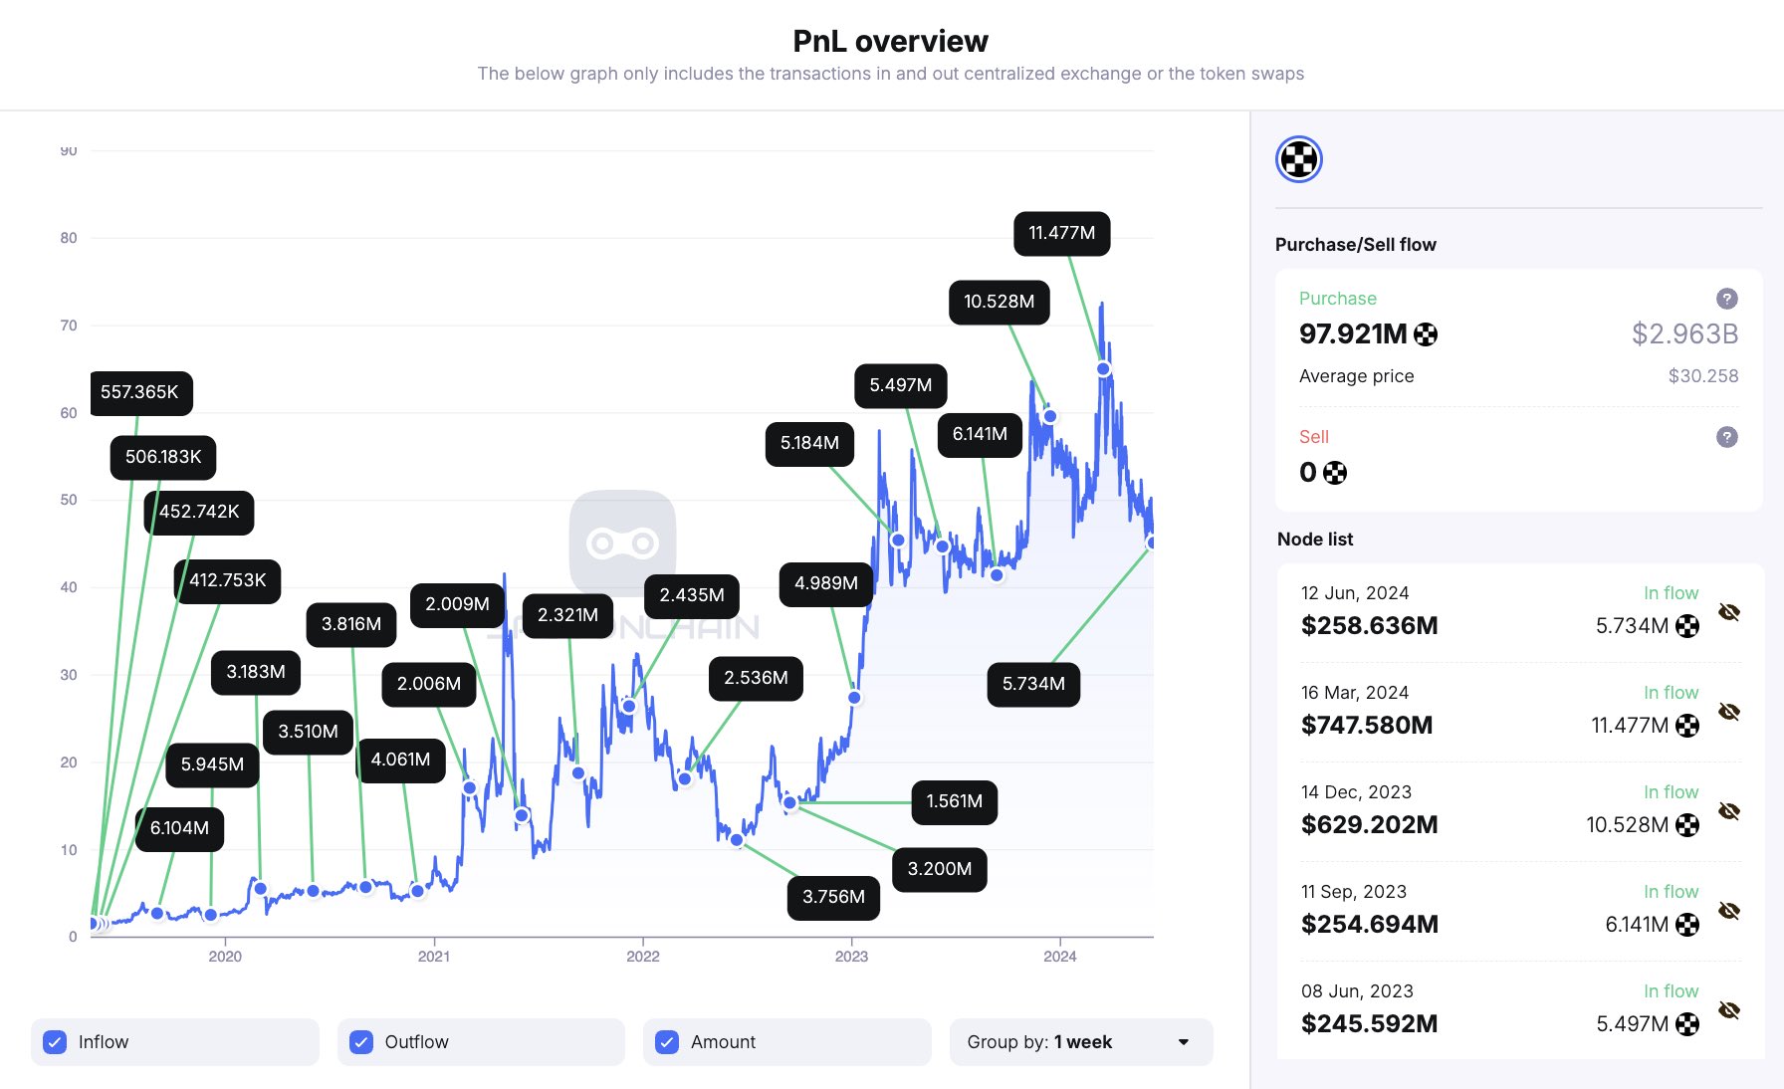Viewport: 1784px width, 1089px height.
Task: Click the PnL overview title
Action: tap(890, 41)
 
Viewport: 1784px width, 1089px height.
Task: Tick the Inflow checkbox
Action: tap(56, 1042)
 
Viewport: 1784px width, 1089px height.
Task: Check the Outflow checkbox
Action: tap(361, 1042)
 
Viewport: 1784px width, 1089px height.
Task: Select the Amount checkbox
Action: tap(667, 1042)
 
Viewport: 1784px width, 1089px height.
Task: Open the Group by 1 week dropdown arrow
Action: tap(1184, 1042)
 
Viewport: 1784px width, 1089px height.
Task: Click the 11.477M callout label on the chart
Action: tap(1061, 233)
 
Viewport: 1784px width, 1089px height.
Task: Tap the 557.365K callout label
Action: tap(139, 392)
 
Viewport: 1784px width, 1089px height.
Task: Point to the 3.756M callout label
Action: tap(833, 897)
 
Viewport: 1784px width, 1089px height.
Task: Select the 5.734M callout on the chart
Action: tap(1033, 684)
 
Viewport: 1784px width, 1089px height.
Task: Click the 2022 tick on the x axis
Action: tap(642, 957)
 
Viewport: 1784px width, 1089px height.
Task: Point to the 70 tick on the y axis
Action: tap(69, 326)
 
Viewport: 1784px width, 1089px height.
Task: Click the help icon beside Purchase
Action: tap(1727, 299)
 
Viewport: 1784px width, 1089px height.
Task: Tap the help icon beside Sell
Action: tap(1727, 437)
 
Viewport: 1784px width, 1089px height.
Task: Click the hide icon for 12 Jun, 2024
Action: tap(1729, 612)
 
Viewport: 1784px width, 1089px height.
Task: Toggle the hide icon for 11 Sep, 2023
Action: tap(1729, 911)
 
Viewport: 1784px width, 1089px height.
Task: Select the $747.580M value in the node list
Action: tap(1366, 725)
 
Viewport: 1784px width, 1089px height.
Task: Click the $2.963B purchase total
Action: tap(1684, 333)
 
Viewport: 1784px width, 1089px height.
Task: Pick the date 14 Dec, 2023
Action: tap(1356, 792)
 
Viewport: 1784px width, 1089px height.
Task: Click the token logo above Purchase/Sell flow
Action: tap(1299, 159)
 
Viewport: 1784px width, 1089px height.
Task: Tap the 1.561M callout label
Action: tap(954, 801)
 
